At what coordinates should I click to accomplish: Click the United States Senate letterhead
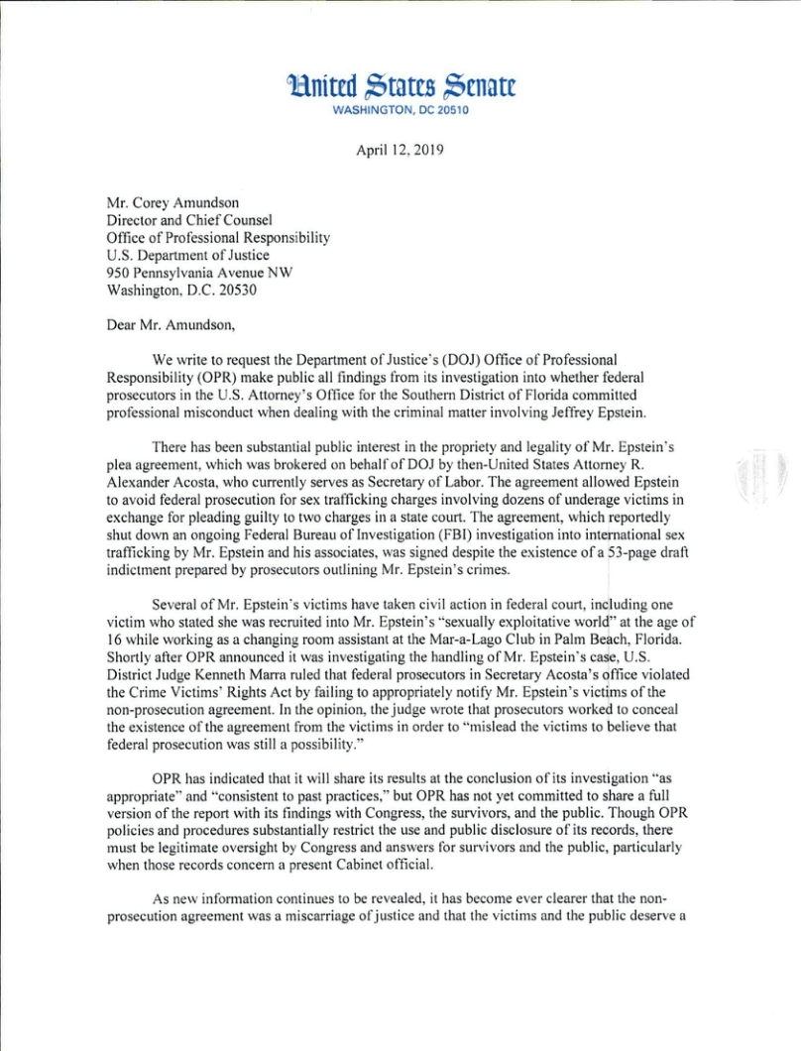400,86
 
